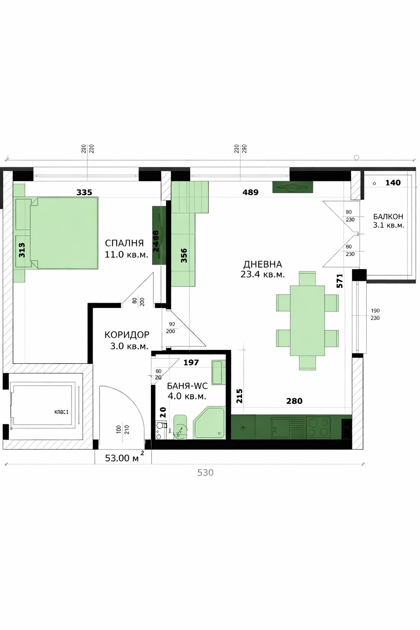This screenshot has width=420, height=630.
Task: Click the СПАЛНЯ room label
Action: (x=124, y=243)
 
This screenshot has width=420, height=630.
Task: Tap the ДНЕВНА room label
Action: (x=262, y=264)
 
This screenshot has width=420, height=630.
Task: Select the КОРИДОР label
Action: (x=127, y=335)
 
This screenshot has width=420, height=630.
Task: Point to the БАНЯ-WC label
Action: (x=187, y=386)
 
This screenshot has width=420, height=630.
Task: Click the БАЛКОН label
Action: (x=388, y=217)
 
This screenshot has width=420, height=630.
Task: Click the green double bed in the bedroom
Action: (x=64, y=233)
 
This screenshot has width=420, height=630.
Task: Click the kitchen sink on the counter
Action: (x=281, y=427)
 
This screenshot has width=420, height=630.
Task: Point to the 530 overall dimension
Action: (x=205, y=472)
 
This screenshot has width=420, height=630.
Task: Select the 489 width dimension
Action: (x=250, y=192)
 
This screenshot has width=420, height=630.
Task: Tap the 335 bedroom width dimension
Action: (x=84, y=192)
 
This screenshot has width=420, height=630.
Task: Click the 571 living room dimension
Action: (x=340, y=281)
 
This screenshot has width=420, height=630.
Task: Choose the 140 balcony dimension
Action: (x=393, y=183)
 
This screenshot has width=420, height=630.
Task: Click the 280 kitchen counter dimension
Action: (x=294, y=401)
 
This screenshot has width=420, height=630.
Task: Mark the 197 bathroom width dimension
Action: (x=191, y=362)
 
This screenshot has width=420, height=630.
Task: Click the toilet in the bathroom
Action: (x=180, y=428)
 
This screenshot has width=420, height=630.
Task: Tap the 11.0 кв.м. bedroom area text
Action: (x=126, y=254)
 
